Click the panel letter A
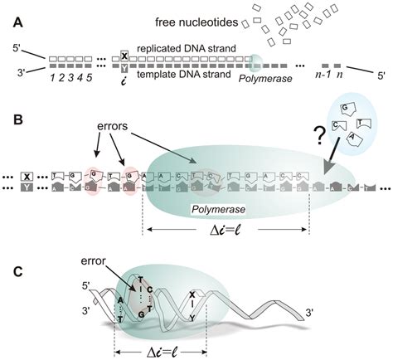(11, 12)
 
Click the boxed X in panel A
(124, 56)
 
